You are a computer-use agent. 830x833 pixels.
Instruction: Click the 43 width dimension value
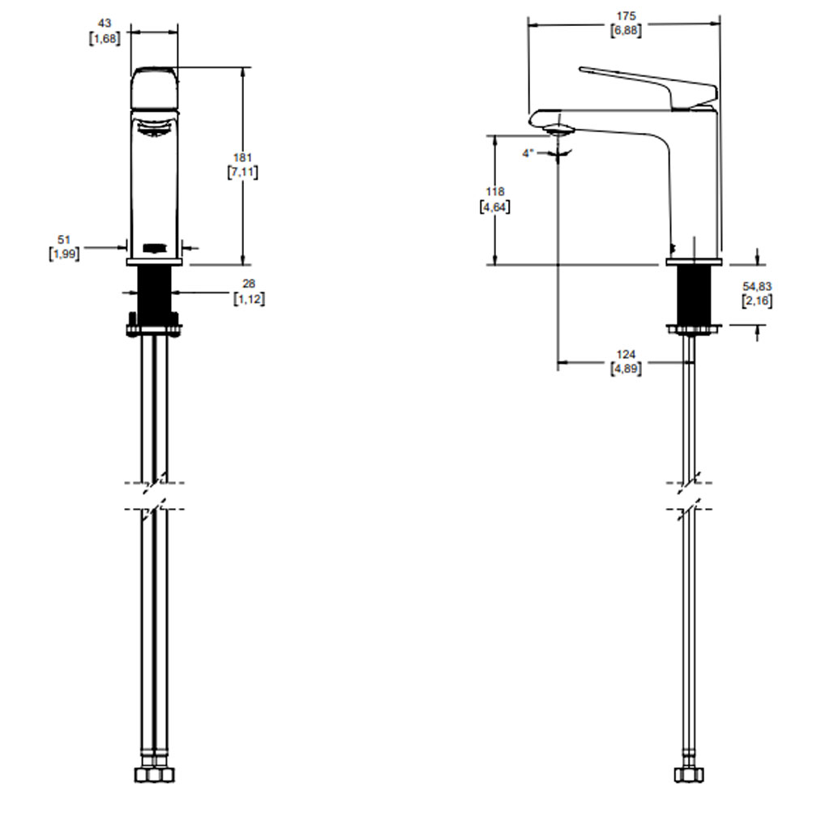(105, 23)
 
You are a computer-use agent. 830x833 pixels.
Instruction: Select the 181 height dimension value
(242, 158)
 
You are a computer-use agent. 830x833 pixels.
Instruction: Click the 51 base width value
(64, 240)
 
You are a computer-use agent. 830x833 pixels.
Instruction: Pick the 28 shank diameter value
(249, 284)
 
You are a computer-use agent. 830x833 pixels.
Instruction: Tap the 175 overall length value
(626, 16)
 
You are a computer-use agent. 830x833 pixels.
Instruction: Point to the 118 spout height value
(494, 191)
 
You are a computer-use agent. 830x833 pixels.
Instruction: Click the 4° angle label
(527, 153)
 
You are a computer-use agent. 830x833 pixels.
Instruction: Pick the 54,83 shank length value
(757, 286)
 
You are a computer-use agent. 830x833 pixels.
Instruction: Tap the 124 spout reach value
(626, 354)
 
